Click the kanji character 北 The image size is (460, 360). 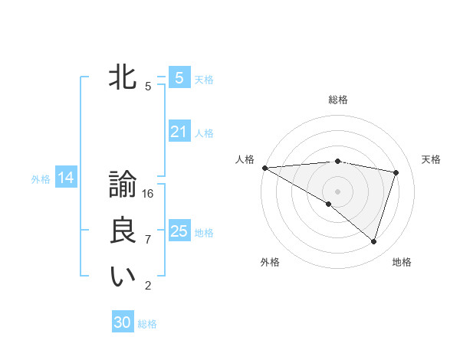click(123, 78)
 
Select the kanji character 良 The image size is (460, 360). click(123, 231)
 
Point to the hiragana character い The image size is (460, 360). click(123, 277)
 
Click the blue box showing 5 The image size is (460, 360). click(179, 77)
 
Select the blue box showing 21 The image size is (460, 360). click(179, 132)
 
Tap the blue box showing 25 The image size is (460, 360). click(179, 231)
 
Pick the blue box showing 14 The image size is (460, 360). click(66, 178)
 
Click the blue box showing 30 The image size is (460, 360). click(123, 322)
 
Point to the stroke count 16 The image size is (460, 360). click(148, 194)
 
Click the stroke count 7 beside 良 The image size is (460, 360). click(148, 239)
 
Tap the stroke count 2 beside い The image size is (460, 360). click(148, 286)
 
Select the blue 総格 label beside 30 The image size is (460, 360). click(147, 324)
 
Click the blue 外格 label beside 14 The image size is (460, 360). click(41, 179)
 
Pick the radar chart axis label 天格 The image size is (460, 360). click(431, 159)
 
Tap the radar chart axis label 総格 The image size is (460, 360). click(337, 100)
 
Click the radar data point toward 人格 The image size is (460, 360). click(264, 167)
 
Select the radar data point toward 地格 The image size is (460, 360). click(373, 241)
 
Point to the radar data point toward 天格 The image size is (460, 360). click(396, 172)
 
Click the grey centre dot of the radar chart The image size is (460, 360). click(337, 191)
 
